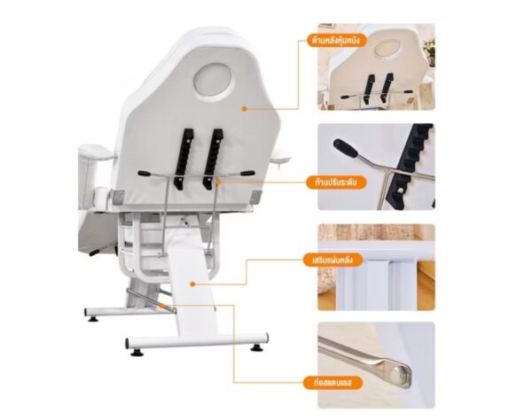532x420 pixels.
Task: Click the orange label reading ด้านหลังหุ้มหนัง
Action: click(x=332, y=41)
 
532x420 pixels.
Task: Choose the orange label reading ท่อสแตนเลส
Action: click(x=332, y=383)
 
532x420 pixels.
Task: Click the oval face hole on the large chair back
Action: click(x=212, y=82)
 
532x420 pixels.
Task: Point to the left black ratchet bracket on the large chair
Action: click(x=184, y=159)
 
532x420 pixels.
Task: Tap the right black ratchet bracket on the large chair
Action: click(x=213, y=159)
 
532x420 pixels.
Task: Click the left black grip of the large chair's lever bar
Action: click(x=144, y=174)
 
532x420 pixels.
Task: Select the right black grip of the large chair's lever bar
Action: click(x=248, y=173)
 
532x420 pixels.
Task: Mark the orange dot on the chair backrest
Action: click(x=244, y=109)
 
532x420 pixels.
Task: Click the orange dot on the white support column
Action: click(x=192, y=284)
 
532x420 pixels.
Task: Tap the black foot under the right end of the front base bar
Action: click(x=257, y=348)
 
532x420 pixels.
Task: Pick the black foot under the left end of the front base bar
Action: click(x=137, y=353)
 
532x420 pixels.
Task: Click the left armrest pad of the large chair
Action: click(x=96, y=152)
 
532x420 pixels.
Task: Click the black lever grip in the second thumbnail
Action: click(x=345, y=148)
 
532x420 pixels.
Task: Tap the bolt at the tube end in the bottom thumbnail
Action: click(x=397, y=376)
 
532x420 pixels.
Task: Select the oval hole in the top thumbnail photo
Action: click(x=388, y=50)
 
